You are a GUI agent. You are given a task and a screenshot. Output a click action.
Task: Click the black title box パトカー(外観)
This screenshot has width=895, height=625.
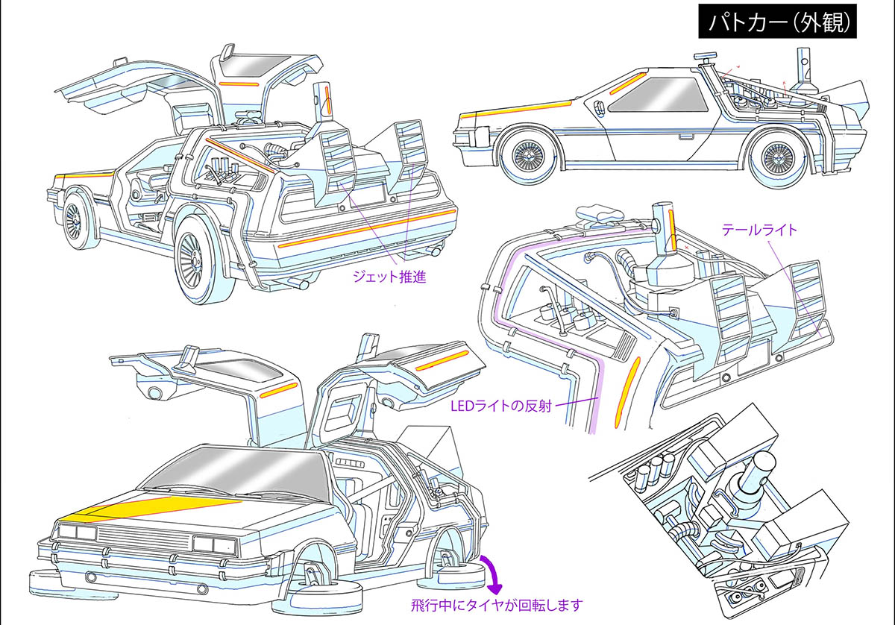778,23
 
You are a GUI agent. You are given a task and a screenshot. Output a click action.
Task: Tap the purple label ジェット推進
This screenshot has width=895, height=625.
389,277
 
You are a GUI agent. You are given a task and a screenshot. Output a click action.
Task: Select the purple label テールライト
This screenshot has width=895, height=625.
759,230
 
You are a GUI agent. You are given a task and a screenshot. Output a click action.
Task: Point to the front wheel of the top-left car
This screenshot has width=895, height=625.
75,219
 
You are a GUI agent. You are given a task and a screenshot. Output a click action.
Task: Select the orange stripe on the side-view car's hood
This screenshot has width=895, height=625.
515,109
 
